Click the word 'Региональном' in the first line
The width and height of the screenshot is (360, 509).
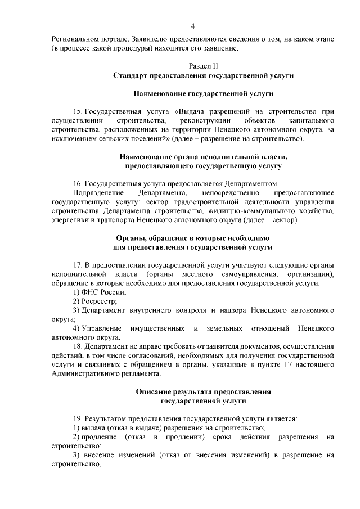pyautogui.click(x=76, y=39)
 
